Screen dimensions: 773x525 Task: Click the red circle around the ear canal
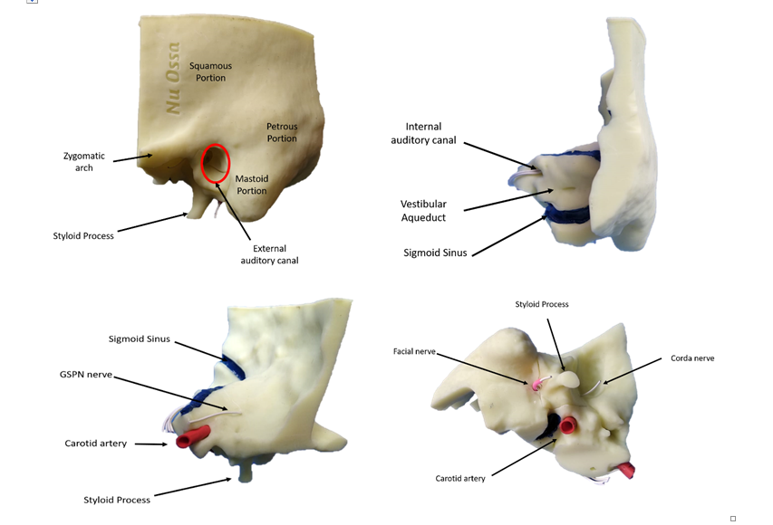(201, 164)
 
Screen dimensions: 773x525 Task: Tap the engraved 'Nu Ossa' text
(172, 78)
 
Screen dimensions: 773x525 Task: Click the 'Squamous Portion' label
(210, 72)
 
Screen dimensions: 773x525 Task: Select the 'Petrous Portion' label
(282, 132)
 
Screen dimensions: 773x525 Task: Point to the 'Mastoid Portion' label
(252, 185)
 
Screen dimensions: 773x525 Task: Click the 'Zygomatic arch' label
(83, 161)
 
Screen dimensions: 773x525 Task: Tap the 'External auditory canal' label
(269, 254)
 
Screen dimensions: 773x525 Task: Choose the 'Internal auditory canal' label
(423, 133)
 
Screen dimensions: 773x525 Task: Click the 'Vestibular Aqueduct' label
(423, 210)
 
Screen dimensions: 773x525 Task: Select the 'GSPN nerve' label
(86, 375)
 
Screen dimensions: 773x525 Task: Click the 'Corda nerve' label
(692, 358)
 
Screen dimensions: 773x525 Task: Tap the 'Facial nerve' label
(414, 351)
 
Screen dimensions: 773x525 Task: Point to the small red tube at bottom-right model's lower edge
(626, 470)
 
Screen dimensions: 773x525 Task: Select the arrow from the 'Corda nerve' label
(633, 371)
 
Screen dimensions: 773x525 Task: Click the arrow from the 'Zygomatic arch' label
(132, 158)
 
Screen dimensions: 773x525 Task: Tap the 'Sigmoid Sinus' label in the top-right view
(435, 253)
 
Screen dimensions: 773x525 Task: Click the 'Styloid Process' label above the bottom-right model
(542, 304)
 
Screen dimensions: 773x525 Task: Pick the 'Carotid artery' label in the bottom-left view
(96, 444)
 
